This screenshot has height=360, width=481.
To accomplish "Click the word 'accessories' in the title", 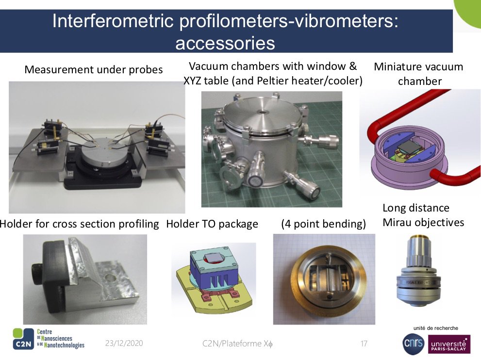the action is (x=225, y=43).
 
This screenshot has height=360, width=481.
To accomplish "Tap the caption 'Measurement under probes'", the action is (x=94, y=69).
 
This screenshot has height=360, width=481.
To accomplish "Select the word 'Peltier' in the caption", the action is (x=275, y=81).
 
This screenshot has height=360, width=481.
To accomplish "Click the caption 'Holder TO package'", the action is (x=212, y=224).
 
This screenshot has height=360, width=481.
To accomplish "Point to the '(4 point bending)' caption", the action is (x=323, y=224).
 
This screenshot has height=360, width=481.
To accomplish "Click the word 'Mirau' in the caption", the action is (x=397, y=222).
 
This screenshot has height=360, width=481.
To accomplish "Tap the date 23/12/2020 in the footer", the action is (x=124, y=343).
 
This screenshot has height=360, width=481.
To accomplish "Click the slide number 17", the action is (x=364, y=344).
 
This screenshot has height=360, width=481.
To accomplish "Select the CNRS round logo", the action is (x=414, y=344).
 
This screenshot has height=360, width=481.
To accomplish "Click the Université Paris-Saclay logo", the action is (x=449, y=344).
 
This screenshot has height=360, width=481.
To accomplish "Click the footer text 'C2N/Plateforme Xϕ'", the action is (x=237, y=344).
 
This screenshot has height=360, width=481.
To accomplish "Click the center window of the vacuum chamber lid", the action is (x=262, y=112).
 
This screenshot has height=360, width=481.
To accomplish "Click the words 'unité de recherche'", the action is (x=435, y=328).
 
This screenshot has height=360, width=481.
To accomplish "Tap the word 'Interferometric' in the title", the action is (x=113, y=21).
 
